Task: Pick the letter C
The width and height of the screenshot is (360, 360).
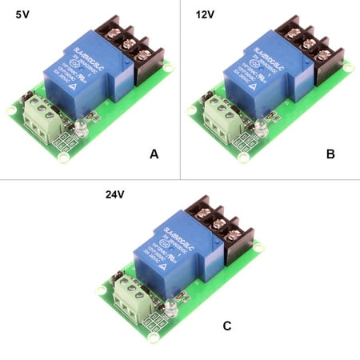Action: [226, 326]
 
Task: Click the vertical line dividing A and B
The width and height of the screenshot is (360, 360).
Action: [180, 88]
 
